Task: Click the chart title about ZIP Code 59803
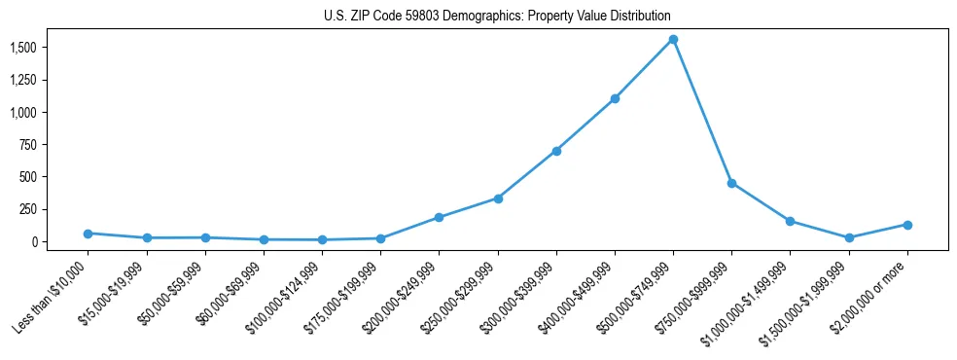click(497, 17)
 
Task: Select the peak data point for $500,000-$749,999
click(673, 40)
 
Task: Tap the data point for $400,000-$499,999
click(615, 98)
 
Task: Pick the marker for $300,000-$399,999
click(556, 151)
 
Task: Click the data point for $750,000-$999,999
click(731, 183)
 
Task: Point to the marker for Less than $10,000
click(88, 234)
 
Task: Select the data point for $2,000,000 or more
click(907, 225)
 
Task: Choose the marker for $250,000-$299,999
click(498, 198)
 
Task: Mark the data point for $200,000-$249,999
click(439, 217)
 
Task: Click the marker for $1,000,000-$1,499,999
click(790, 221)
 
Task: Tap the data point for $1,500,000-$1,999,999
click(849, 237)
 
